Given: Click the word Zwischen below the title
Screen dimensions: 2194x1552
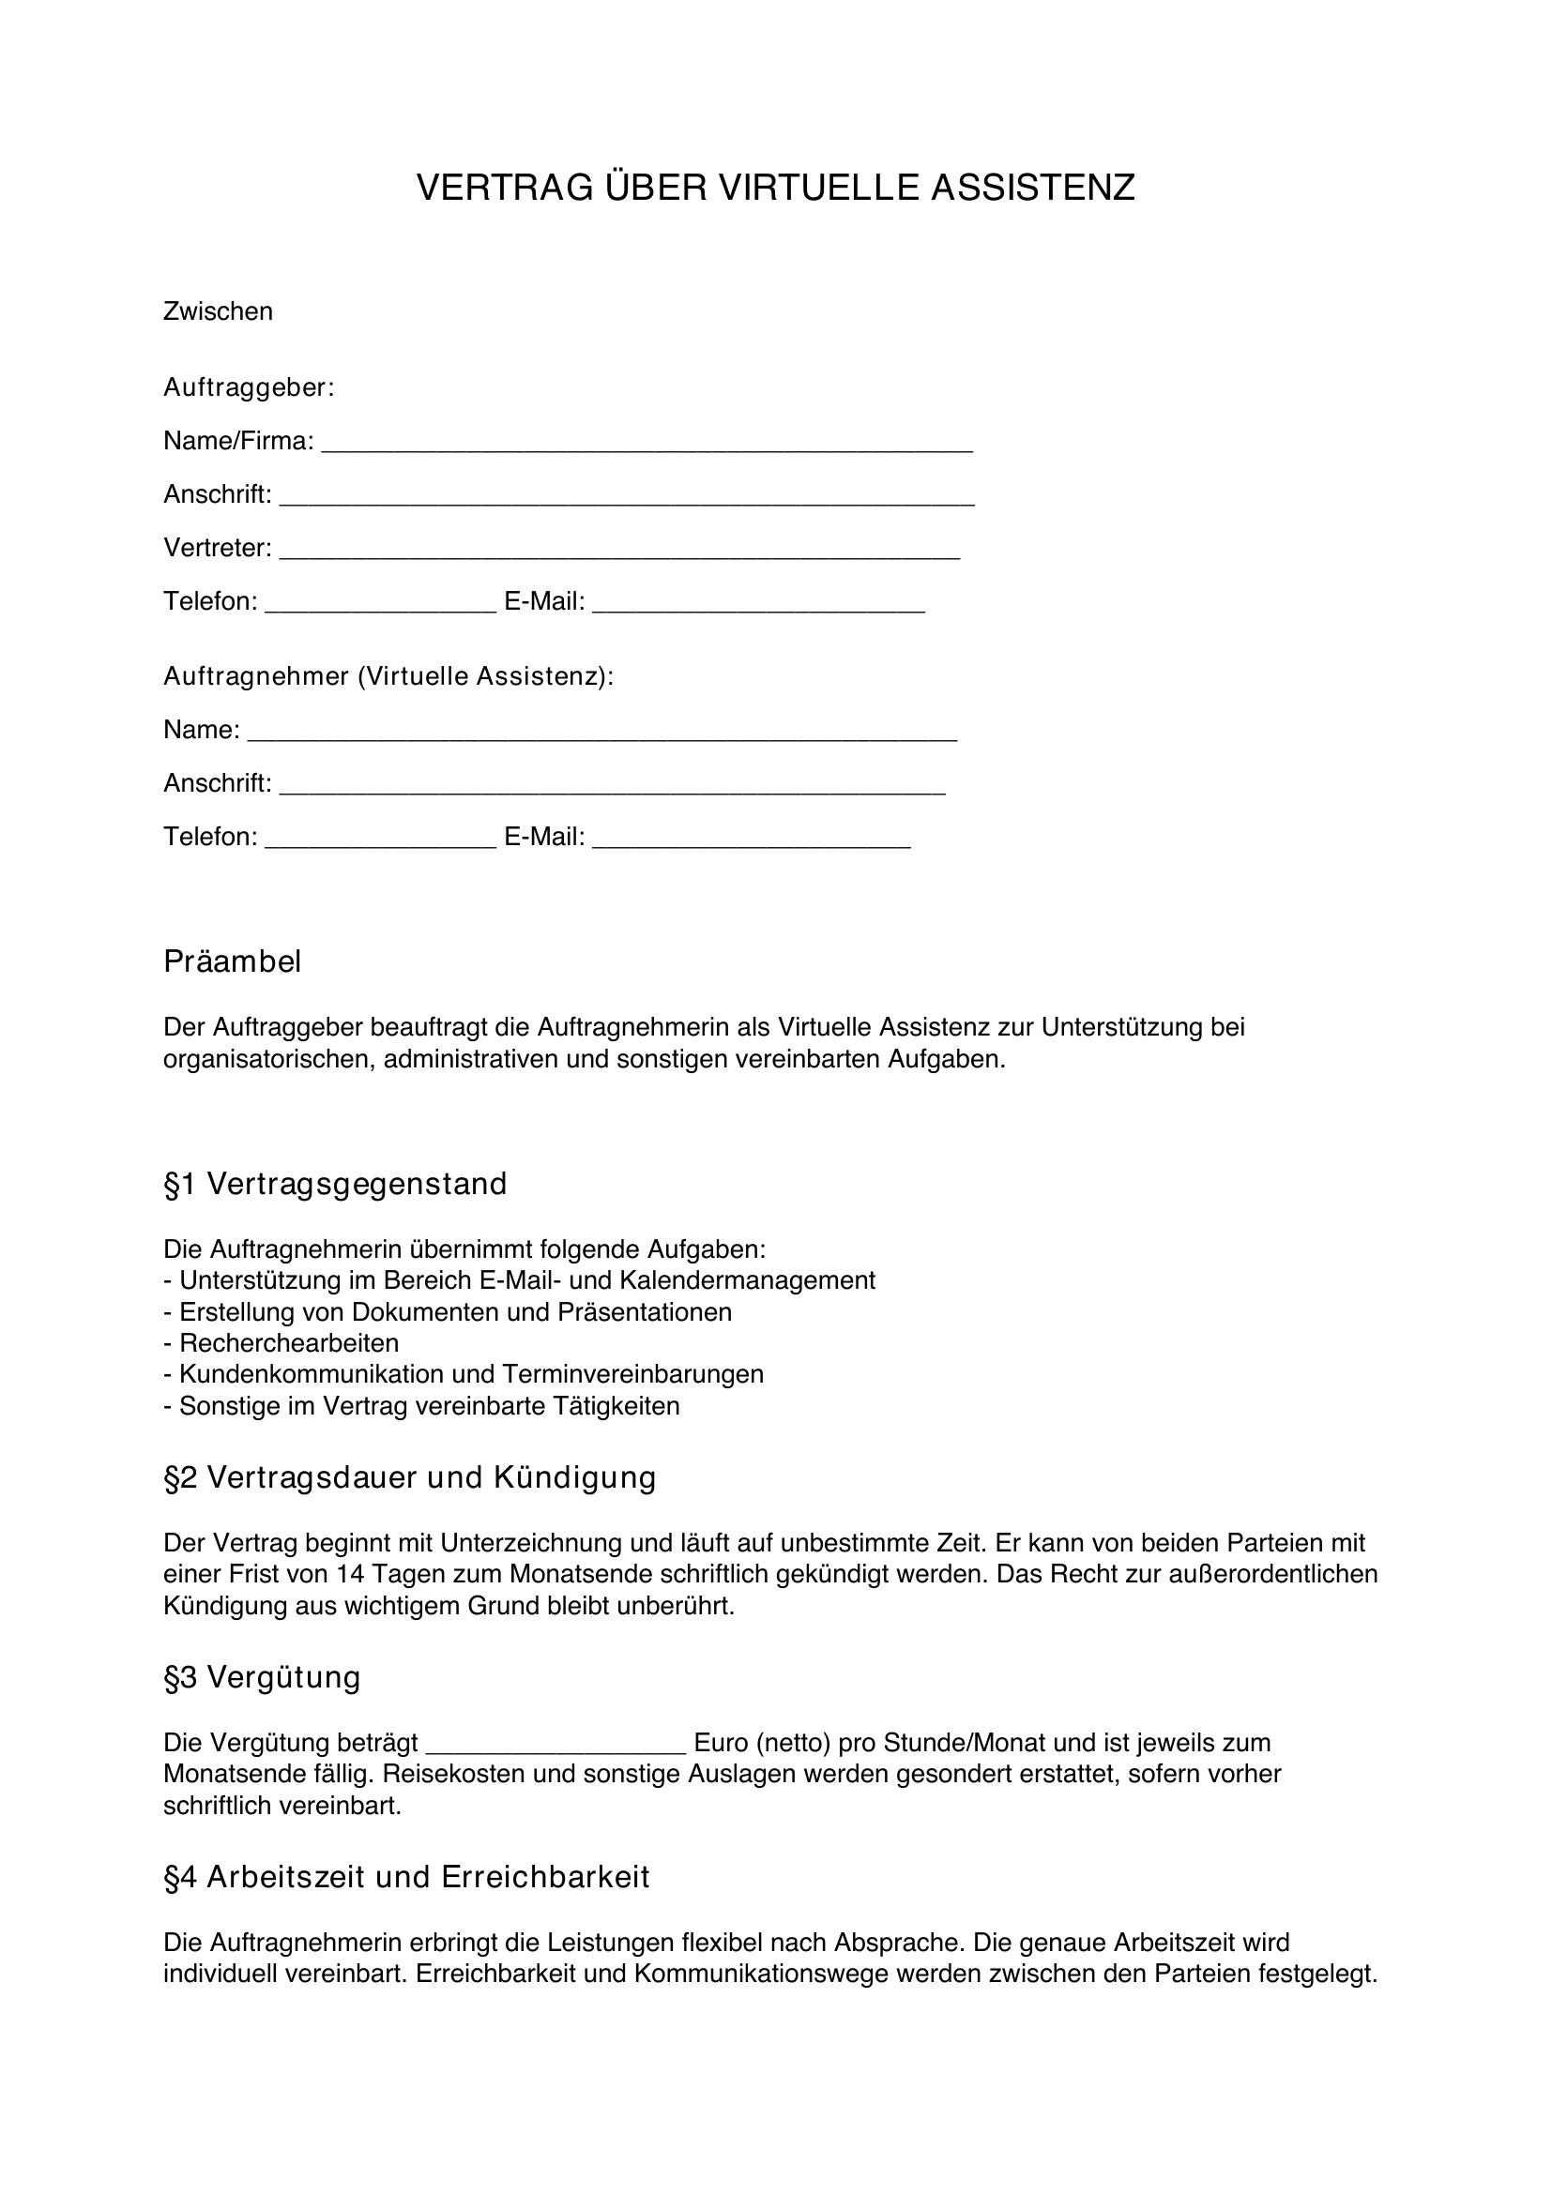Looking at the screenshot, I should (218, 311).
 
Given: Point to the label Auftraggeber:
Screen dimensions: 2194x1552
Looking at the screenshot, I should (249, 387).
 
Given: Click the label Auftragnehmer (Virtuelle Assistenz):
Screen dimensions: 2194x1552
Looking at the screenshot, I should (388, 676).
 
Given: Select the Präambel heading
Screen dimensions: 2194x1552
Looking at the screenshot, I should (232, 961).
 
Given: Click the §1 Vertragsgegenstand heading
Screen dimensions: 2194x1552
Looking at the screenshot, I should (335, 1184).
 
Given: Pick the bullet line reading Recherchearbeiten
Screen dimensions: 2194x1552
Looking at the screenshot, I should (289, 1343).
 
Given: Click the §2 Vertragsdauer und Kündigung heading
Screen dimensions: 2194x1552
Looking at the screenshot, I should (410, 1477).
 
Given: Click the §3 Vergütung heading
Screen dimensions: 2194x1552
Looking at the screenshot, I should (262, 1677).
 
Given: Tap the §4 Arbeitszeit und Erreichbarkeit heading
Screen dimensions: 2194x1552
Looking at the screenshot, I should (407, 1877).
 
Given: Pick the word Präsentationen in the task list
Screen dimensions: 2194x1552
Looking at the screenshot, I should (645, 1312).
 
